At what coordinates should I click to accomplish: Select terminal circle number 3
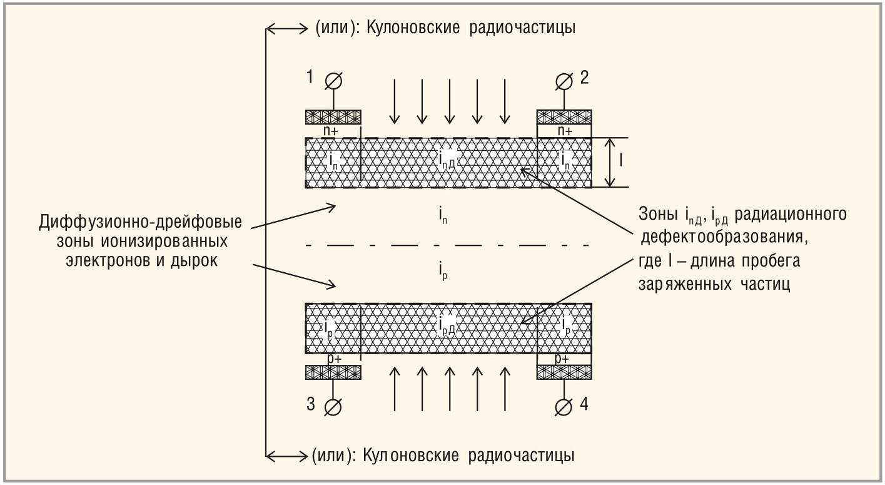click(333, 407)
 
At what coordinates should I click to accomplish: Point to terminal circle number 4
click(565, 407)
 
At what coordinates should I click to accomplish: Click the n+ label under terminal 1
click(333, 131)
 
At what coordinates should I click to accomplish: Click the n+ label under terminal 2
click(565, 131)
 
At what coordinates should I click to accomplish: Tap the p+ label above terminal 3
click(333, 359)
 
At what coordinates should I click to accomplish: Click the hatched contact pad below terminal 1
click(333, 117)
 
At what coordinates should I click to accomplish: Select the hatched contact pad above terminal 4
click(565, 372)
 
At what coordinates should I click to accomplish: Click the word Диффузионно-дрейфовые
click(140, 223)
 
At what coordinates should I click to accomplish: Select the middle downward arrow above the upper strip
click(449, 101)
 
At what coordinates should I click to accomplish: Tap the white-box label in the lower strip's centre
click(448, 324)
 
